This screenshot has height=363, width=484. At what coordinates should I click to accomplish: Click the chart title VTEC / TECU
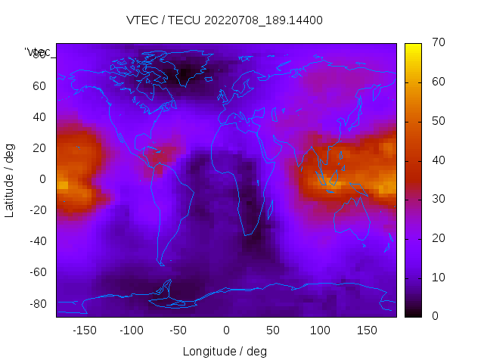click(225, 20)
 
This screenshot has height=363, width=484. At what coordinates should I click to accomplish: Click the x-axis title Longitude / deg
click(225, 352)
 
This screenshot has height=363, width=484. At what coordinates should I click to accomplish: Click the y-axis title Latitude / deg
click(10, 179)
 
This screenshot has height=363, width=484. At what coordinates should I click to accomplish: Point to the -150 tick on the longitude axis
click(85, 330)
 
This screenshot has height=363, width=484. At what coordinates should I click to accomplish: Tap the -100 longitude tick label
click(132, 330)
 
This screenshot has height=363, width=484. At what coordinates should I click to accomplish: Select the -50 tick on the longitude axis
click(179, 330)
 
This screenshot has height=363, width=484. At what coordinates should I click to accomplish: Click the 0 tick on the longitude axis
click(226, 330)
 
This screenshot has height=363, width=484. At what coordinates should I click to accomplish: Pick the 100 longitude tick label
click(321, 330)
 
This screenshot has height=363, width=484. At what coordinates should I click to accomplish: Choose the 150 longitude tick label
click(368, 330)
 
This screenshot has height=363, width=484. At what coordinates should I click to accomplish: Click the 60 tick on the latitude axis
click(39, 86)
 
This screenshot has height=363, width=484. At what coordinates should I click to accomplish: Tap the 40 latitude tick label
click(39, 117)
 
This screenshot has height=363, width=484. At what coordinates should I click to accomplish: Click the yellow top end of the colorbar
click(413, 47)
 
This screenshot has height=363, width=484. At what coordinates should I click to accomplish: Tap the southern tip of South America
click(161, 264)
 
